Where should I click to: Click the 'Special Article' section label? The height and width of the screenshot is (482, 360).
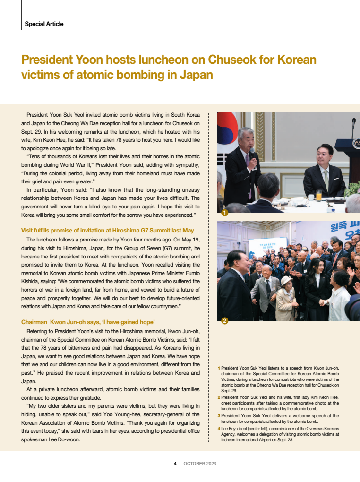(44, 24)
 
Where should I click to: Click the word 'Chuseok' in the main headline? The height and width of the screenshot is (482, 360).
(239, 60)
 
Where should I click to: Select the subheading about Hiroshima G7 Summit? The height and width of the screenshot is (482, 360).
(107, 230)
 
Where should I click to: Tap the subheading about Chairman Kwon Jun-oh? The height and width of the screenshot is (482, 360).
(88, 322)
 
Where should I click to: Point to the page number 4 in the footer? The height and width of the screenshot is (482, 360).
(175, 463)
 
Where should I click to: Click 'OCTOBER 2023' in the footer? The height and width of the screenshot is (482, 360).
(200, 463)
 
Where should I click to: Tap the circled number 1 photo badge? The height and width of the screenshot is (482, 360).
(225, 213)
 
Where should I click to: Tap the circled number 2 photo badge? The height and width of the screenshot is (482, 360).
(225, 321)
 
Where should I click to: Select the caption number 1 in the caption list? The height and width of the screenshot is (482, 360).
(219, 368)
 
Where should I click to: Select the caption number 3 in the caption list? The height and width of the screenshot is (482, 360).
(219, 415)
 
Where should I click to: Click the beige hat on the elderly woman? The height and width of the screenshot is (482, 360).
(287, 281)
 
